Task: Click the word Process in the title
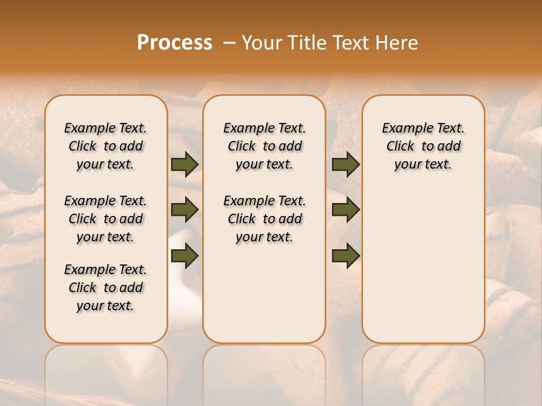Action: pyautogui.click(x=174, y=43)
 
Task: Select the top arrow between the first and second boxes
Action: pyautogui.click(x=185, y=164)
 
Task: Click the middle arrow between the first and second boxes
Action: pyautogui.click(x=185, y=210)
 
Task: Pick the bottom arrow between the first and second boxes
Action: pyautogui.click(x=185, y=256)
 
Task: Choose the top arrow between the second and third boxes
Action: pyautogui.click(x=346, y=164)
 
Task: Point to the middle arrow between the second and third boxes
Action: pyautogui.click(x=346, y=210)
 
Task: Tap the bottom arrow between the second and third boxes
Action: pyautogui.click(x=346, y=256)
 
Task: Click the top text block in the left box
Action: pyautogui.click(x=106, y=146)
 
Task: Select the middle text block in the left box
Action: pyautogui.click(x=106, y=219)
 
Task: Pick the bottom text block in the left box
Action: pyautogui.click(x=106, y=288)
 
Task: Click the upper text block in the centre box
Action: pyautogui.click(x=264, y=146)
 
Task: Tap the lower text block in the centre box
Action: pyautogui.click(x=264, y=219)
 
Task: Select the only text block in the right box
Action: pyautogui.click(x=423, y=146)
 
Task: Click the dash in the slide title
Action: pyautogui.click(x=229, y=43)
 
